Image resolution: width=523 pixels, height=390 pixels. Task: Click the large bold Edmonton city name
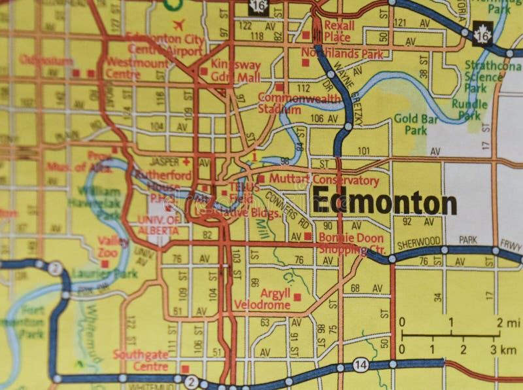tap(384, 203)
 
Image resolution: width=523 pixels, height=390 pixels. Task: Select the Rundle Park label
tap(472, 110)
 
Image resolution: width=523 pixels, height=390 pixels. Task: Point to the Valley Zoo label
tap(114, 247)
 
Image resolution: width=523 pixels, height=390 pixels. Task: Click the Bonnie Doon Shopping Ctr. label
tap(352, 243)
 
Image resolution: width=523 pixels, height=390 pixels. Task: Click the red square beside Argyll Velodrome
tap(297, 297)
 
